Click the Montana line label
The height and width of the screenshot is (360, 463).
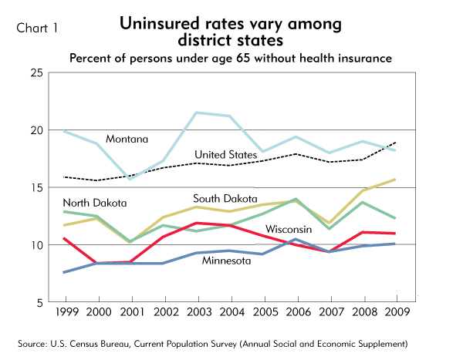pyautogui.click(x=128, y=139)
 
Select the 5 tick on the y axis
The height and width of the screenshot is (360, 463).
pyautogui.click(x=38, y=303)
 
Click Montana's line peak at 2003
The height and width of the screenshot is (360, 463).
pyautogui.click(x=197, y=113)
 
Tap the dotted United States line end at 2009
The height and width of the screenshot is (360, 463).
pyautogui.click(x=396, y=143)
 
